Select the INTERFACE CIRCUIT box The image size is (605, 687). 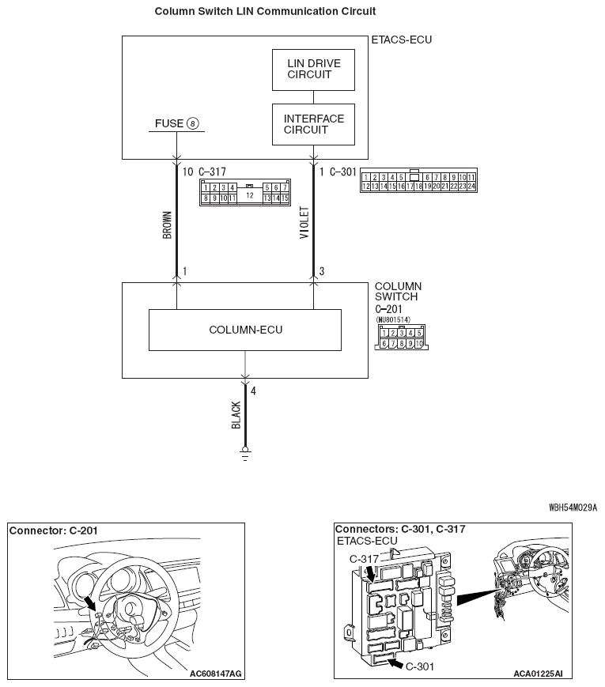[313, 125]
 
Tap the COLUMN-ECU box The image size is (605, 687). [245, 330]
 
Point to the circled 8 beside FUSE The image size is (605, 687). [193, 123]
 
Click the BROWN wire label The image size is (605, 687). [167, 225]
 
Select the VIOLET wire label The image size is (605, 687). [305, 225]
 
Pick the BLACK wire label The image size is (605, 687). [236, 415]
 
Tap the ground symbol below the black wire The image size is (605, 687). [245, 455]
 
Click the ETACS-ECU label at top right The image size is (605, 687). [402, 39]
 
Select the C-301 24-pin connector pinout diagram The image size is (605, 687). [418, 182]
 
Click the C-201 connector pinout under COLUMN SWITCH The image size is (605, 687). [401, 338]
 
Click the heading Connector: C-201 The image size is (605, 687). [54, 530]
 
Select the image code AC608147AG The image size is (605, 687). [216, 674]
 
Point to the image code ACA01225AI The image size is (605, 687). [537, 674]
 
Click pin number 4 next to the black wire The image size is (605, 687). [253, 391]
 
